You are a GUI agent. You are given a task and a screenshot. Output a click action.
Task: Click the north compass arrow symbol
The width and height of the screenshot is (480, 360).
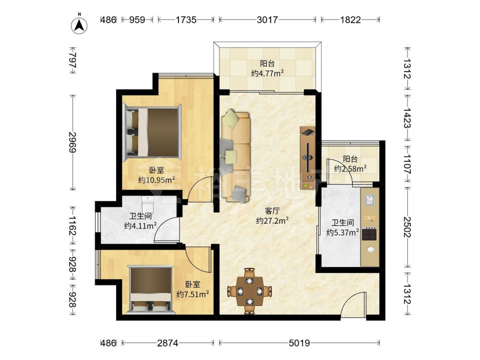tap(79, 24)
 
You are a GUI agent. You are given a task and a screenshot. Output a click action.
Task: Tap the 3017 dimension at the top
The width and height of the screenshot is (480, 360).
tap(267, 20)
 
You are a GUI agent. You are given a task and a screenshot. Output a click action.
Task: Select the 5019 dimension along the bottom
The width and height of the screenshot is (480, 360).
tap(299, 343)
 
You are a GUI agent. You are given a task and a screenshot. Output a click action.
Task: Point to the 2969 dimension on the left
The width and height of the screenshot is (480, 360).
tap(73, 142)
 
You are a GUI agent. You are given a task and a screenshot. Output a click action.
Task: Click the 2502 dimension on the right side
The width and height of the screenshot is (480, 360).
tap(407, 227)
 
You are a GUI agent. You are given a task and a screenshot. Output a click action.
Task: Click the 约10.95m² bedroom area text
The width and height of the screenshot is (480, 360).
tap(156, 180)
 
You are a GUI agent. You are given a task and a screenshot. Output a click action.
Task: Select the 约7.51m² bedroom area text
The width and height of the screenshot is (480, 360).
tap(192, 294)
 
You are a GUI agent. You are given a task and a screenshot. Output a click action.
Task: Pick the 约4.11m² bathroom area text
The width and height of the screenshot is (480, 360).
tap(141, 226)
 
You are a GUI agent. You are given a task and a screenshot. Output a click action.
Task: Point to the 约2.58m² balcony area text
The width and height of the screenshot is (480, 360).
tap(350, 168)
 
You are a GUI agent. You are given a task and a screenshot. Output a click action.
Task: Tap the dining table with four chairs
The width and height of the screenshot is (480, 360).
tap(250, 291)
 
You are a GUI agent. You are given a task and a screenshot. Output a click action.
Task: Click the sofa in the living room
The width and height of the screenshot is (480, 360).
tap(235, 156)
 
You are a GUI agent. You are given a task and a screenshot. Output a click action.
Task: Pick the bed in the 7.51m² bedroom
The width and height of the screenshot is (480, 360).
tap(151, 290)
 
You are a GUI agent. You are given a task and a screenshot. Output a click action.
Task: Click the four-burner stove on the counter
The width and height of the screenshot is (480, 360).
tap(369, 234)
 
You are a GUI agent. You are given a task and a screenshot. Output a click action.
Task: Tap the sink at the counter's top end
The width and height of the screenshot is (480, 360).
tap(370, 200)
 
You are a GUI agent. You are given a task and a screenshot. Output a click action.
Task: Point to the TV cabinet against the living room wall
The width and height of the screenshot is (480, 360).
tap(308, 158)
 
